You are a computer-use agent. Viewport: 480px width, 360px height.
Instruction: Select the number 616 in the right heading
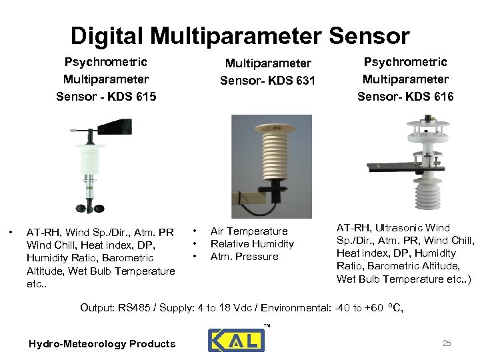click(x=440, y=97)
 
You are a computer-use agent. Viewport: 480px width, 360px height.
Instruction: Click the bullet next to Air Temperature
click(x=195, y=231)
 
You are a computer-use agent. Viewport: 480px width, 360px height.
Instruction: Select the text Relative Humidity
click(x=252, y=244)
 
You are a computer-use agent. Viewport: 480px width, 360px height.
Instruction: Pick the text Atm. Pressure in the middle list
click(x=244, y=257)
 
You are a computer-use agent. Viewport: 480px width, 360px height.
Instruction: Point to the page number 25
click(x=447, y=343)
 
